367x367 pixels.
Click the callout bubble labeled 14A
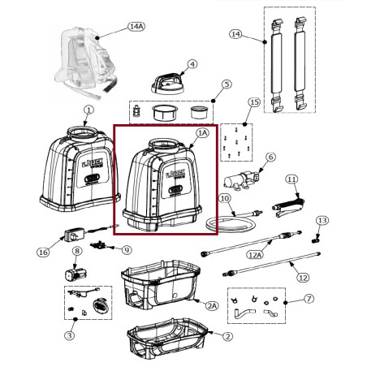tap(136, 27)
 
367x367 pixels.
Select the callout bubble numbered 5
tap(227, 84)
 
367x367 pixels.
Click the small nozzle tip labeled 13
tap(315, 239)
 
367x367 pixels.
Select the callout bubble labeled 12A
tap(255, 254)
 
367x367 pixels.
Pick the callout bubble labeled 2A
tap(212, 306)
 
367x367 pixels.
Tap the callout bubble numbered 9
tap(126, 249)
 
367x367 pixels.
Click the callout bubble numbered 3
tap(69, 335)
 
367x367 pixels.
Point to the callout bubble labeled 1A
tap(202, 132)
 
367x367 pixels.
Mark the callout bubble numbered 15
tap(254, 102)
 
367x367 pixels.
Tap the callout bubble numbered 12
tap(304, 278)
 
